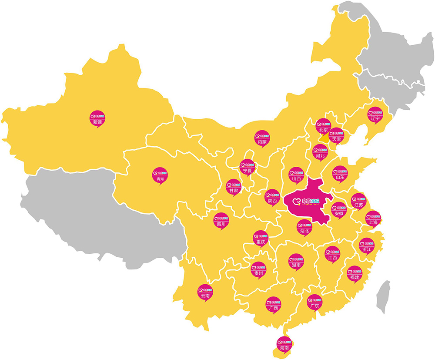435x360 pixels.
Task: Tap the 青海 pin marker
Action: click(160, 175)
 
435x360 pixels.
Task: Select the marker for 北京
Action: click(323, 126)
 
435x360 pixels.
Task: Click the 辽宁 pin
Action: click(375, 114)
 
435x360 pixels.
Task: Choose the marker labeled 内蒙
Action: click(261, 138)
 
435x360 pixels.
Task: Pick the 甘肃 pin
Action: click(233, 187)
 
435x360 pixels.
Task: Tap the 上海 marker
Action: click(373, 218)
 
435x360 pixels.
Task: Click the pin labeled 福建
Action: click(354, 273)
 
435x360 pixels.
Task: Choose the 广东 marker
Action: click(314, 302)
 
